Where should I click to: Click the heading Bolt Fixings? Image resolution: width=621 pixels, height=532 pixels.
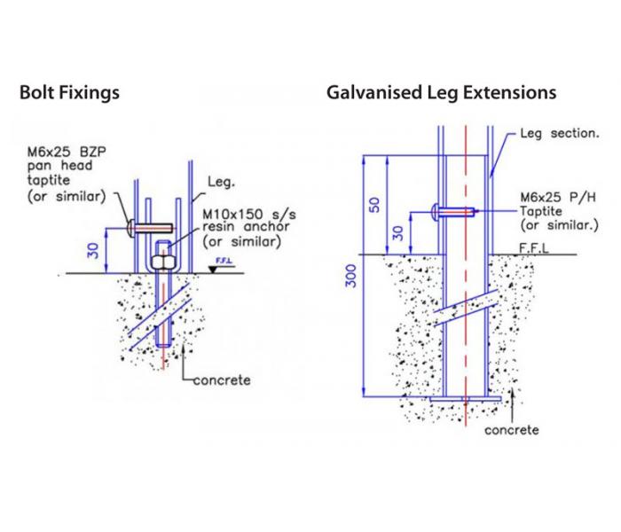[69, 92]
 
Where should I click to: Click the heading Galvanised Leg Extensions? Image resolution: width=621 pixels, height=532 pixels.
[441, 92]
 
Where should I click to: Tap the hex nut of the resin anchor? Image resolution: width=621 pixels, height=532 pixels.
[164, 261]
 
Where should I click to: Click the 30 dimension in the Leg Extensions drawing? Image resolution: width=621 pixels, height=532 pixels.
[398, 232]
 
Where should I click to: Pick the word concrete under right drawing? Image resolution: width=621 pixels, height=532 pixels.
[511, 430]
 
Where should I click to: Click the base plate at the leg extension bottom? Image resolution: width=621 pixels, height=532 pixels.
[466, 399]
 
